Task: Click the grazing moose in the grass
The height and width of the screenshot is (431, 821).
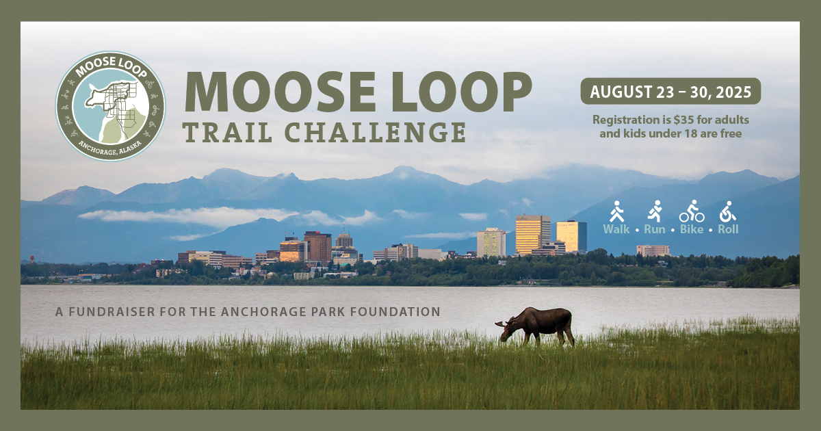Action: [x=535, y=326]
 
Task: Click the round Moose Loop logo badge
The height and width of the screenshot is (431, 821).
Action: [x=110, y=106]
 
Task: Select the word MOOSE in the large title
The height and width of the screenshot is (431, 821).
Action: [x=281, y=92]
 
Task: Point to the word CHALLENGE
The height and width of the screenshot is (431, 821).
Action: [x=375, y=132]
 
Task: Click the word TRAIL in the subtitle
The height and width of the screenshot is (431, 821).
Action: [x=228, y=132]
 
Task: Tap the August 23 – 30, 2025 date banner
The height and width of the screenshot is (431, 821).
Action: [x=670, y=91]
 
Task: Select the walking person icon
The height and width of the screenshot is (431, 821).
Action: [x=616, y=211]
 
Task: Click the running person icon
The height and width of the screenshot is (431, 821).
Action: [x=655, y=211]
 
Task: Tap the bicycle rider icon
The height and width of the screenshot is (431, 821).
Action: [x=692, y=211]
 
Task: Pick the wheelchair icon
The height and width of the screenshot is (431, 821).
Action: [x=727, y=211]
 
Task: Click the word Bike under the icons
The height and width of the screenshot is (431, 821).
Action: [x=692, y=229]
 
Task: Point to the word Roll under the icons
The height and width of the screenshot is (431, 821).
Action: [x=728, y=229]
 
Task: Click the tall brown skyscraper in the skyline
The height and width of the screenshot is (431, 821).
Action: [x=317, y=246]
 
